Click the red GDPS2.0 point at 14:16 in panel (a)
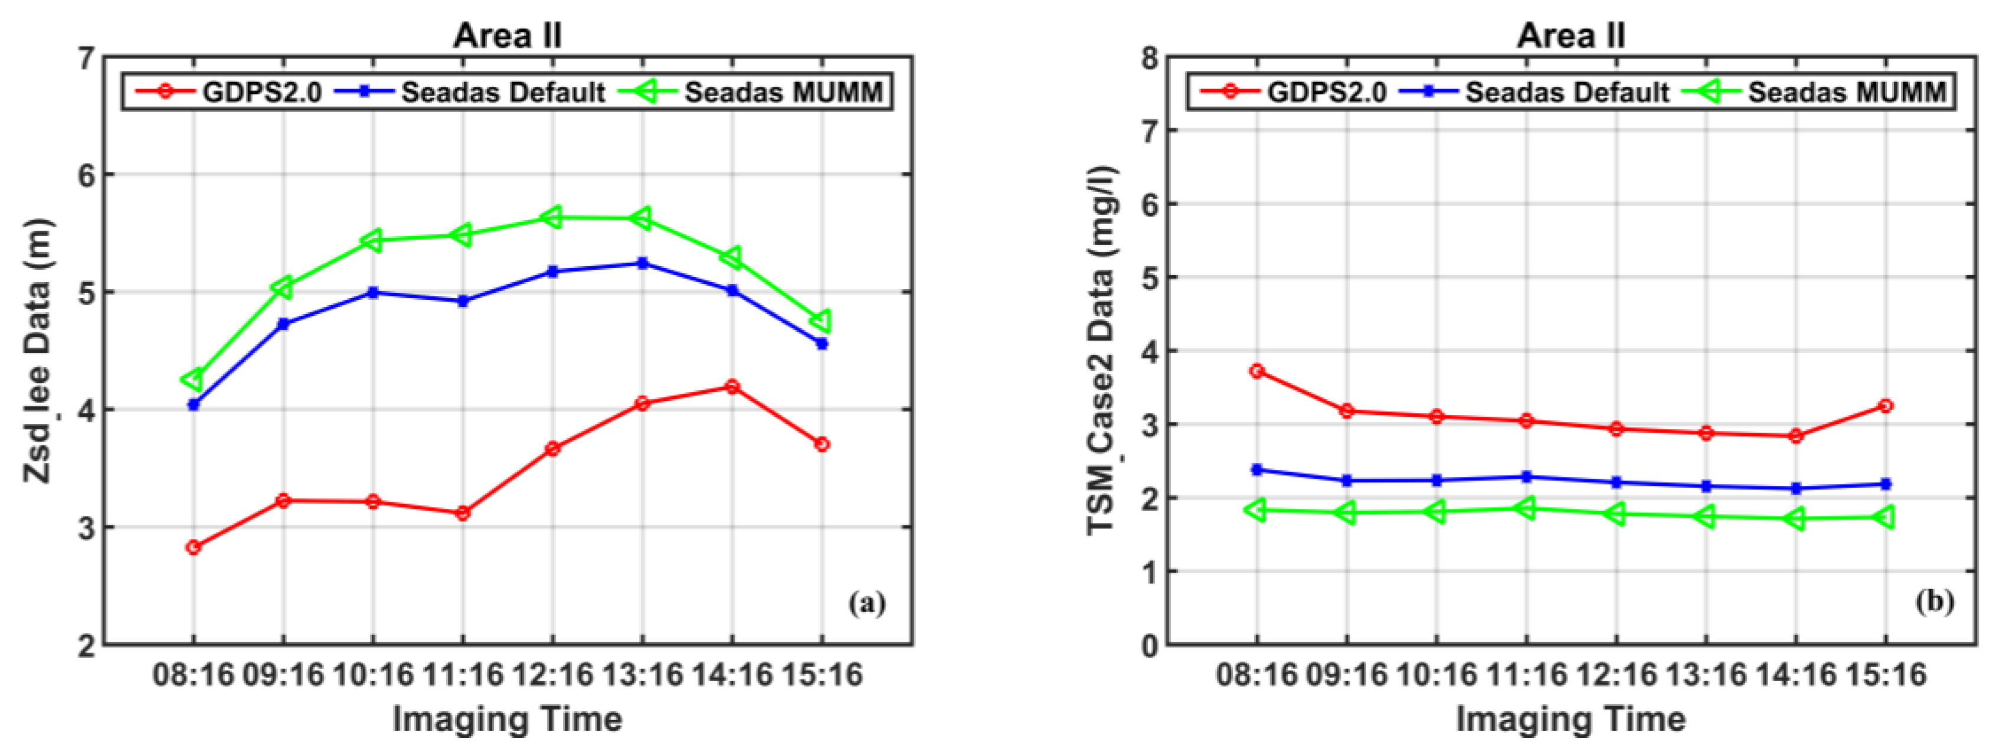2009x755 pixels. [732, 387]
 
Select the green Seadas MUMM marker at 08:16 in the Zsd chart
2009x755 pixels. [192, 379]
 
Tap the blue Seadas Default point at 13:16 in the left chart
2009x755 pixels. [642, 264]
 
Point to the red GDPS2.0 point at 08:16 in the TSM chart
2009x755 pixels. [1257, 371]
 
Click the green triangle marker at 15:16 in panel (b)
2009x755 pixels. [1885, 517]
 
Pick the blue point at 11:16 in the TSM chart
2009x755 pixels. [1526, 476]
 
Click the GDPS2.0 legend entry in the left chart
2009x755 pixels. [228, 92]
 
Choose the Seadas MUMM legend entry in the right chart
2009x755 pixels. [1815, 92]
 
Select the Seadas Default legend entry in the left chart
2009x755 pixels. [470, 92]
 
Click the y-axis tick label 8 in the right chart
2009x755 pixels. [1150, 58]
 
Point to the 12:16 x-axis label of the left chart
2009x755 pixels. [552, 675]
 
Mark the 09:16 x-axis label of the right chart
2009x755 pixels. [1346, 675]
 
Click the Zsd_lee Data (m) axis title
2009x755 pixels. [37, 351]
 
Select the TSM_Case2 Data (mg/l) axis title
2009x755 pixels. [1101, 351]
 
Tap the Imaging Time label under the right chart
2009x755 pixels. [1570, 719]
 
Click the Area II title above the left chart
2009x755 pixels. [508, 35]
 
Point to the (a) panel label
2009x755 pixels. [867, 603]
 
